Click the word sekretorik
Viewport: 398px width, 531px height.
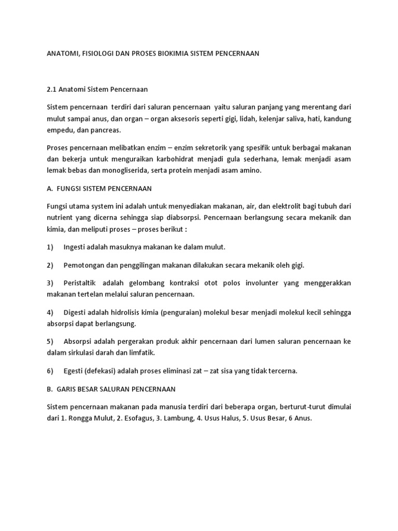[x=197, y=147]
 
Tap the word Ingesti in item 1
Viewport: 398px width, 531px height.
[x=76, y=247]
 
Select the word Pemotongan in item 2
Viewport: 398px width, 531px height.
[x=86, y=265]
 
